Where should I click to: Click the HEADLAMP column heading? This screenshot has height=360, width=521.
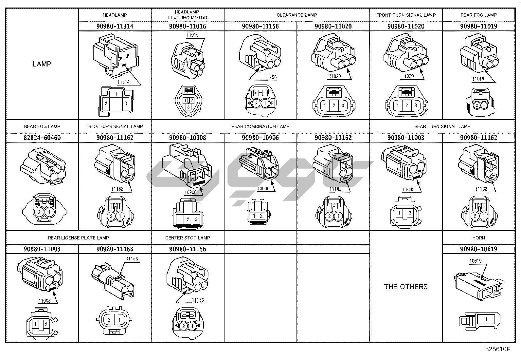tap(115, 15)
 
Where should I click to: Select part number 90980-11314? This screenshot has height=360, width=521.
tap(115, 27)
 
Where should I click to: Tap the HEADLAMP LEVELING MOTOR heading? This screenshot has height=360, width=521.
tap(188, 15)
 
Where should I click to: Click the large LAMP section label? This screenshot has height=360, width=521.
tap(42, 64)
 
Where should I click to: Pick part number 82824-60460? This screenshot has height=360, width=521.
tap(42, 138)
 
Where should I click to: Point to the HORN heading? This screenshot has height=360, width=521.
tap(478, 238)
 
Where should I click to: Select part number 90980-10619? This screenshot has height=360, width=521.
tap(478, 249)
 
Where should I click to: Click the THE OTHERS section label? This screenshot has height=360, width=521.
tap(406, 287)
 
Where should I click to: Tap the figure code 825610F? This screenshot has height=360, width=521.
tap(497, 349)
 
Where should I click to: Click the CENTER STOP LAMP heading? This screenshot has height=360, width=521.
tap(188, 238)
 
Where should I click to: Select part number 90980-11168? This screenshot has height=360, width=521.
tap(115, 249)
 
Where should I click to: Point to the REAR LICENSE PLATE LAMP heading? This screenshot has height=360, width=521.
tap(79, 238)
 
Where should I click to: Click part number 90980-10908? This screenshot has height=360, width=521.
tap(188, 138)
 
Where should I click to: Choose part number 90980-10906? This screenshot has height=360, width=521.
tap(260, 138)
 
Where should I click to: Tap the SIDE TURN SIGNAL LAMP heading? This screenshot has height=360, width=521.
tap(115, 126)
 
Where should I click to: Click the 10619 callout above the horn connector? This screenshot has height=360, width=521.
tap(476, 261)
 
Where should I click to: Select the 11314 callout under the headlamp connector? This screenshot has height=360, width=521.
tap(123, 82)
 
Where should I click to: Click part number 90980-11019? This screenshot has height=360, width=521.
tap(478, 27)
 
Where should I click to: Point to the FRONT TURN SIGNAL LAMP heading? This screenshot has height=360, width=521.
tap(406, 15)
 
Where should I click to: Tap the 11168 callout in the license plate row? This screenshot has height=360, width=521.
tap(132, 259)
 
